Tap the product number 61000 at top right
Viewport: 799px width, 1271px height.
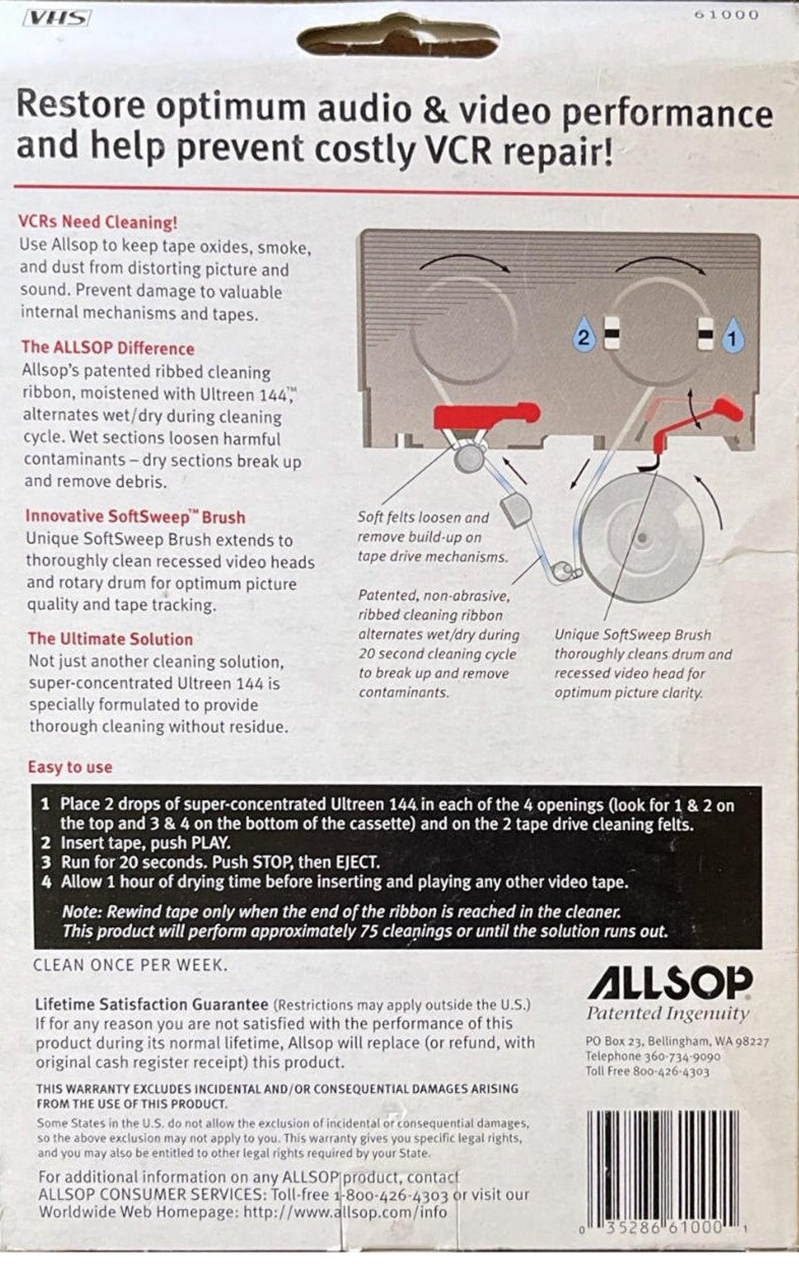[x=726, y=15]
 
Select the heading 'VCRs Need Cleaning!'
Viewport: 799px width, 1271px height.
[x=98, y=222]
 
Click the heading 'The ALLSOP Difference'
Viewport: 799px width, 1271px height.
[x=108, y=348]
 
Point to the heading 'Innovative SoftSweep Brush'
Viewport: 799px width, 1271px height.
[x=135, y=517]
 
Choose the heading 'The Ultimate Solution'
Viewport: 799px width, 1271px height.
[x=110, y=639]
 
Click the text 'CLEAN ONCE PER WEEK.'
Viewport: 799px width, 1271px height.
[x=130, y=965]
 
